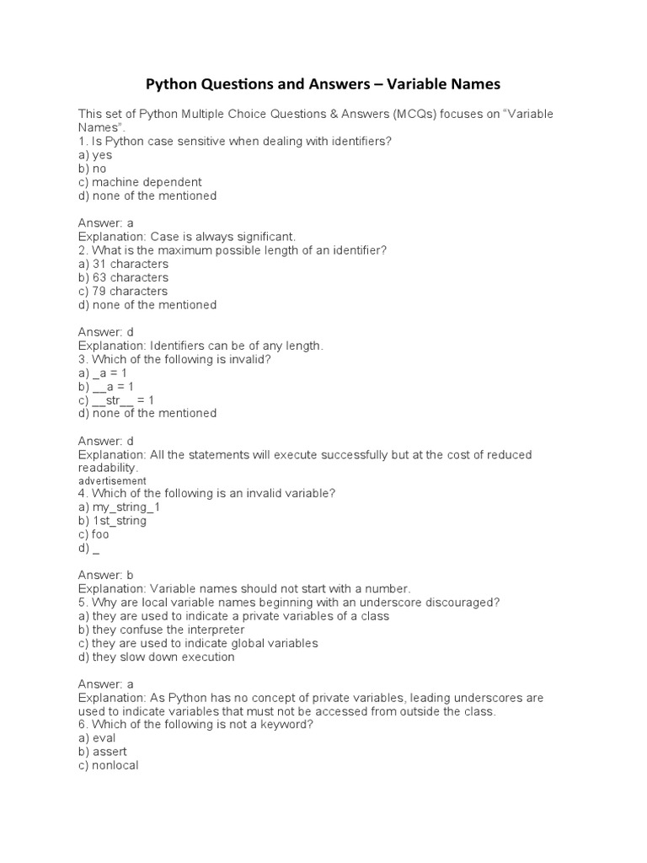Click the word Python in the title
[x=174, y=84]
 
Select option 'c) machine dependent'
[x=140, y=182]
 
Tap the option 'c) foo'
[x=94, y=534]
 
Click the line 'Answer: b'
[x=106, y=575]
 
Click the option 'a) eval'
[x=97, y=738]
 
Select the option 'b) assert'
[x=102, y=752]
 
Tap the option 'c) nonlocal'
[x=108, y=765]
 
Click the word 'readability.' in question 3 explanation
[x=108, y=468]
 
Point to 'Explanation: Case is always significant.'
[x=187, y=237]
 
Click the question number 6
[x=82, y=725]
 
